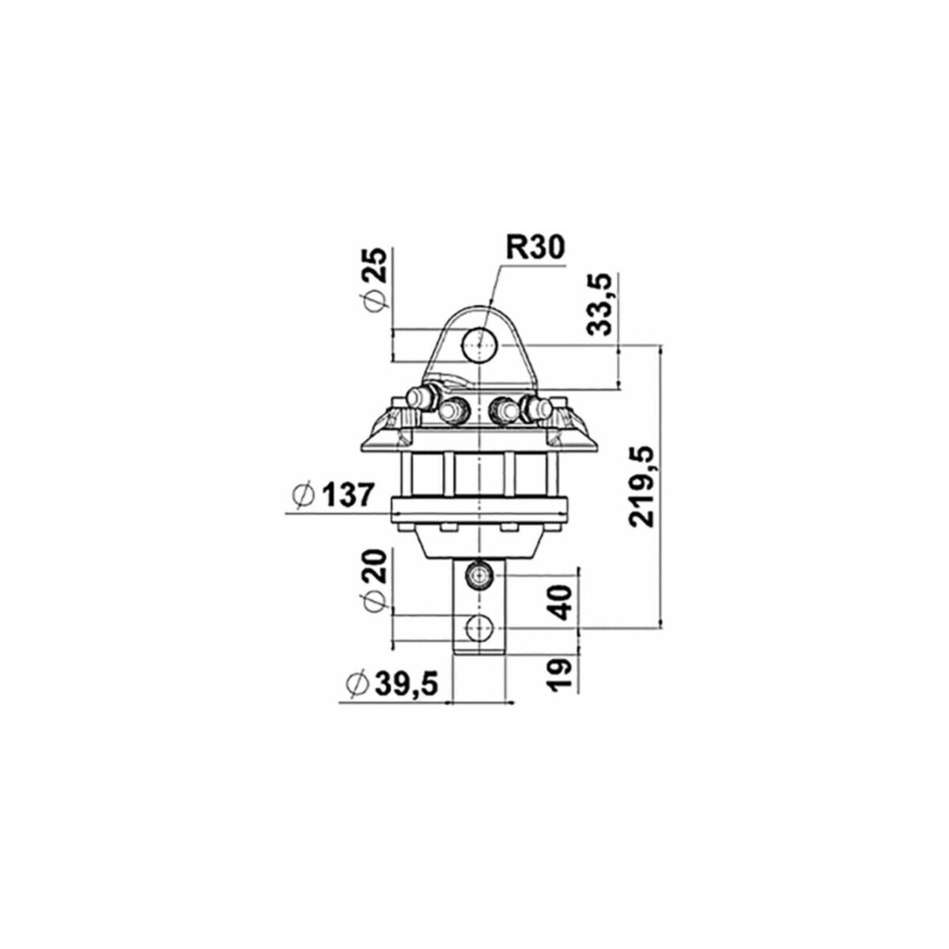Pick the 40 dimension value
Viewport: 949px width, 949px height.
pos(561,603)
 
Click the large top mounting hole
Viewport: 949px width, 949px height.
pos(479,344)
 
